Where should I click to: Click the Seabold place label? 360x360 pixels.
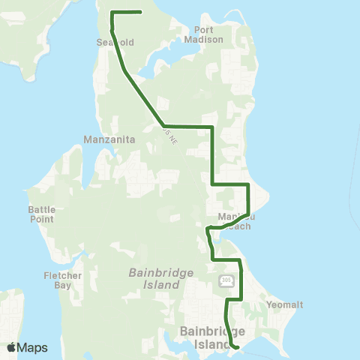tap(115, 43)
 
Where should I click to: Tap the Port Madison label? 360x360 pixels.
tap(204, 34)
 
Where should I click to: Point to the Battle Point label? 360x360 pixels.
tap(41, 214)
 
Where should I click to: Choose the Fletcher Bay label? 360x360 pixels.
tap(57, 280)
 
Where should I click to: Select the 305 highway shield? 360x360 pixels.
tap(226, 280)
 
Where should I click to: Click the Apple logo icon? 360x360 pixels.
tap(11, 347)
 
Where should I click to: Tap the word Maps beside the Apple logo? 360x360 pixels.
tap(32, 347)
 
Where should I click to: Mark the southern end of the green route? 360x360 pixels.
tap(237, 347)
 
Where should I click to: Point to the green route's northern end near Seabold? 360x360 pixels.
tap(141, 12)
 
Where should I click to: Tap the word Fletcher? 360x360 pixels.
tap(57, 275)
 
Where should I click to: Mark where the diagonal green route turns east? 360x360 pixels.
tap(163, 126)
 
